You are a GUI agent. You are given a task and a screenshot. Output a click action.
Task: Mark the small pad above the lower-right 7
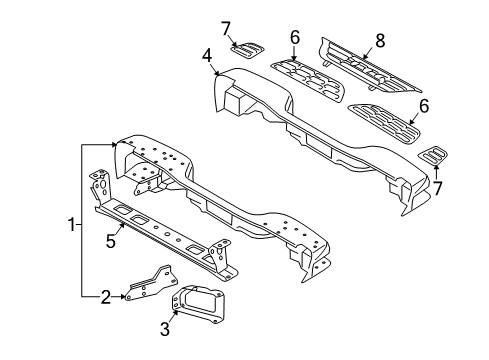coord(433,155)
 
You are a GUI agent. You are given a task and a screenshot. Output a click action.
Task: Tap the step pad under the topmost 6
coord(307,74)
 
